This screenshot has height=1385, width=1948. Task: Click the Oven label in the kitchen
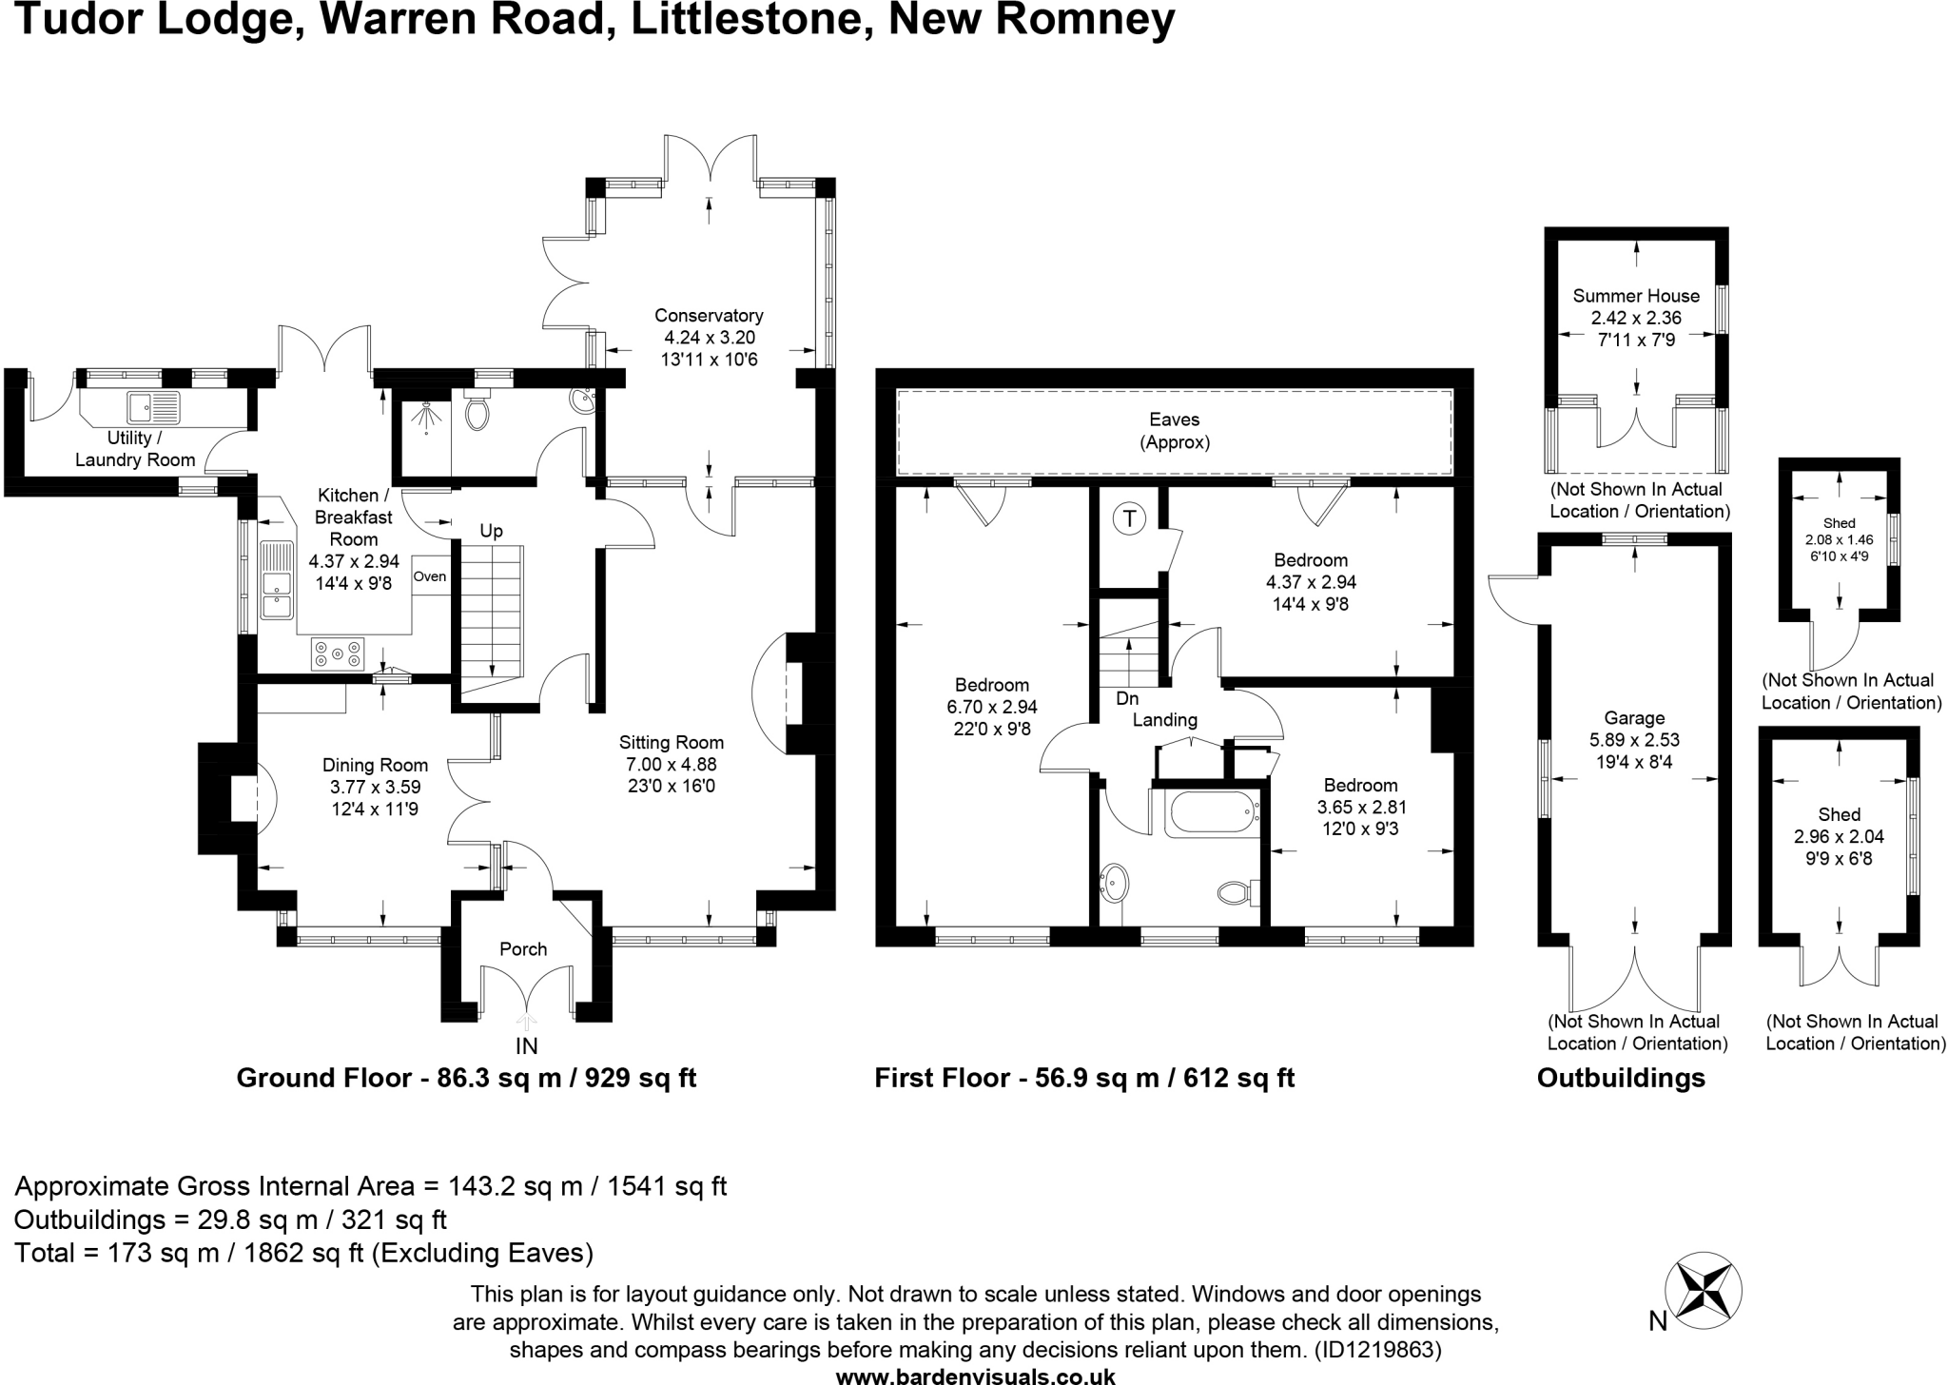point(430,576)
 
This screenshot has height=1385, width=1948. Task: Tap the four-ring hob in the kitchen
point(338,653)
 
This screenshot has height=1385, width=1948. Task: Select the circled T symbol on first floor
point(1129,518)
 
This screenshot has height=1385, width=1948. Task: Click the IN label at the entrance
point(526,1046)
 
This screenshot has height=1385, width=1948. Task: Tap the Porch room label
point(523,949)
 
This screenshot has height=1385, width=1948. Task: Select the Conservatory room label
point(709,315)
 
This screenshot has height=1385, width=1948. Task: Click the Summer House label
point(1636,296)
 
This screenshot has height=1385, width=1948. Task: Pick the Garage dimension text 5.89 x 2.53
point(1635,740)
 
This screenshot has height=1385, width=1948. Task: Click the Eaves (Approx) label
point(1175,431)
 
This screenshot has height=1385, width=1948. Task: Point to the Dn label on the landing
point(1127,698)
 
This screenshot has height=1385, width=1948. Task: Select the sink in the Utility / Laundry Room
point(154,408)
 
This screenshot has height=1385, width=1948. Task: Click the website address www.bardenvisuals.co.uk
point(975,1375)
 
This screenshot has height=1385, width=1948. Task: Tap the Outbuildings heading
point(1621,1078)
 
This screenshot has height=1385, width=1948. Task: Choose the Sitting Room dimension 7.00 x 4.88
point(672,764)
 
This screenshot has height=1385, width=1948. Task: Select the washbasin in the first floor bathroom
point(1113,884)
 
